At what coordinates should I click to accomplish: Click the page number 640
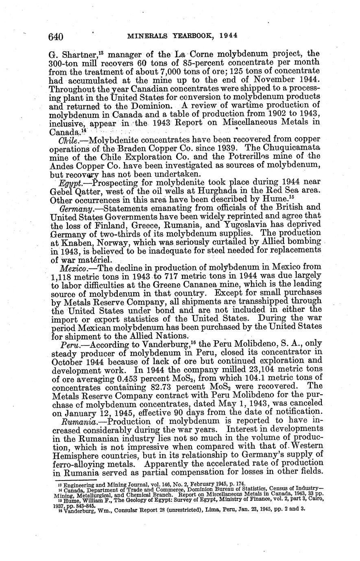pos(56,37)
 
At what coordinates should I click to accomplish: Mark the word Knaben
pos(78,243)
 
